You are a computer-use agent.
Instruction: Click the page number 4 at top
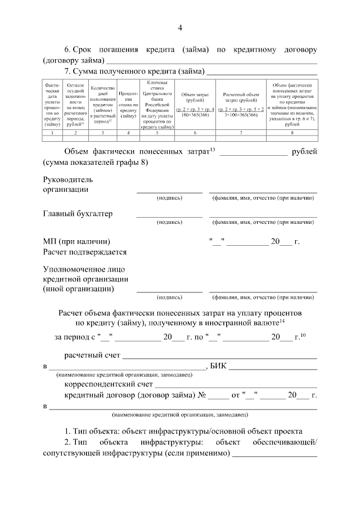point(180,28)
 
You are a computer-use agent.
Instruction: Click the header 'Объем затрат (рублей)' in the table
point(195,97)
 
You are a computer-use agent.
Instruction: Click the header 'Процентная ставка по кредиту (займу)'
point(128,104)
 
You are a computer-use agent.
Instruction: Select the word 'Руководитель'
point(68,179)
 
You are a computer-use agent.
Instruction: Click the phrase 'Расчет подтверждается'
point(84,252)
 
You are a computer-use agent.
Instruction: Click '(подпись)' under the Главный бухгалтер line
point(169,222)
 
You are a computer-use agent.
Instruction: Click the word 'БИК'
point(218,367)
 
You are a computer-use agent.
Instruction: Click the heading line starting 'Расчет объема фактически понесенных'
point(180,312)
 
